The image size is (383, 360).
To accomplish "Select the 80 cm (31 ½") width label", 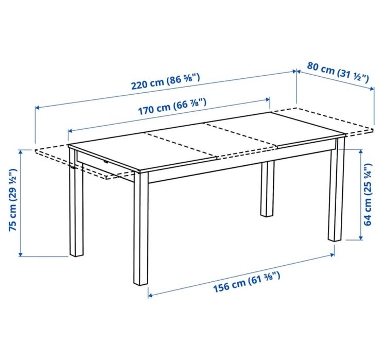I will tap(338, 72).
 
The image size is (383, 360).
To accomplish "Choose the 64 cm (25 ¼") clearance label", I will tap(368, 195).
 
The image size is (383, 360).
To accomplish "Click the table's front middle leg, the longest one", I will tap(141, 232).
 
